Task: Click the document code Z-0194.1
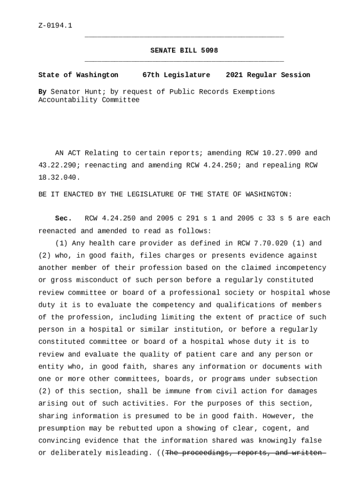click(55, 25)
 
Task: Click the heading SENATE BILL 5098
click(184, 51)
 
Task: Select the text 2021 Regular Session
click(267, 75)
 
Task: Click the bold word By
click(42, 92)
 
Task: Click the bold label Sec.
click(63, 218)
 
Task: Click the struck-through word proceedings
click(205, 453)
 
